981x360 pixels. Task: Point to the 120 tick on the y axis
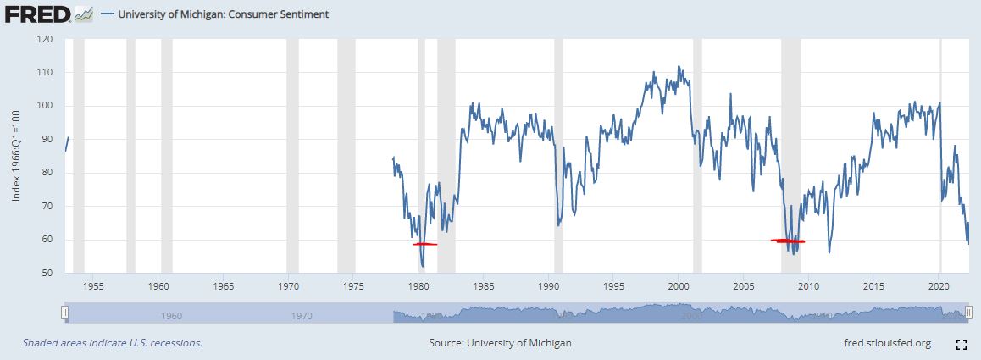46,39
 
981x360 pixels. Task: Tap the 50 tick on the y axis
48,273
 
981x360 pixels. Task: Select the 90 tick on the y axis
48,139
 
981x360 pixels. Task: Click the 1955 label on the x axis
94,285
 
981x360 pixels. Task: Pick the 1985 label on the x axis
484,285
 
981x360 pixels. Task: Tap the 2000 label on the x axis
679,285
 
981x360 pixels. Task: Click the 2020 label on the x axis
939,285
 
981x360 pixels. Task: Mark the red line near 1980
424,244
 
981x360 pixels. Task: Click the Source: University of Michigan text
500,343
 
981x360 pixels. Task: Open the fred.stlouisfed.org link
883,343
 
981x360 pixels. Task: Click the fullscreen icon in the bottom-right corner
962,344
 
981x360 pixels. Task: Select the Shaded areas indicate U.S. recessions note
112,343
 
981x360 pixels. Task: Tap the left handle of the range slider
64,313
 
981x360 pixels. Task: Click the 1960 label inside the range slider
171,316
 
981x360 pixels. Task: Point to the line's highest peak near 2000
679,66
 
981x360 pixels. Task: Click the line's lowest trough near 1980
422,267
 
